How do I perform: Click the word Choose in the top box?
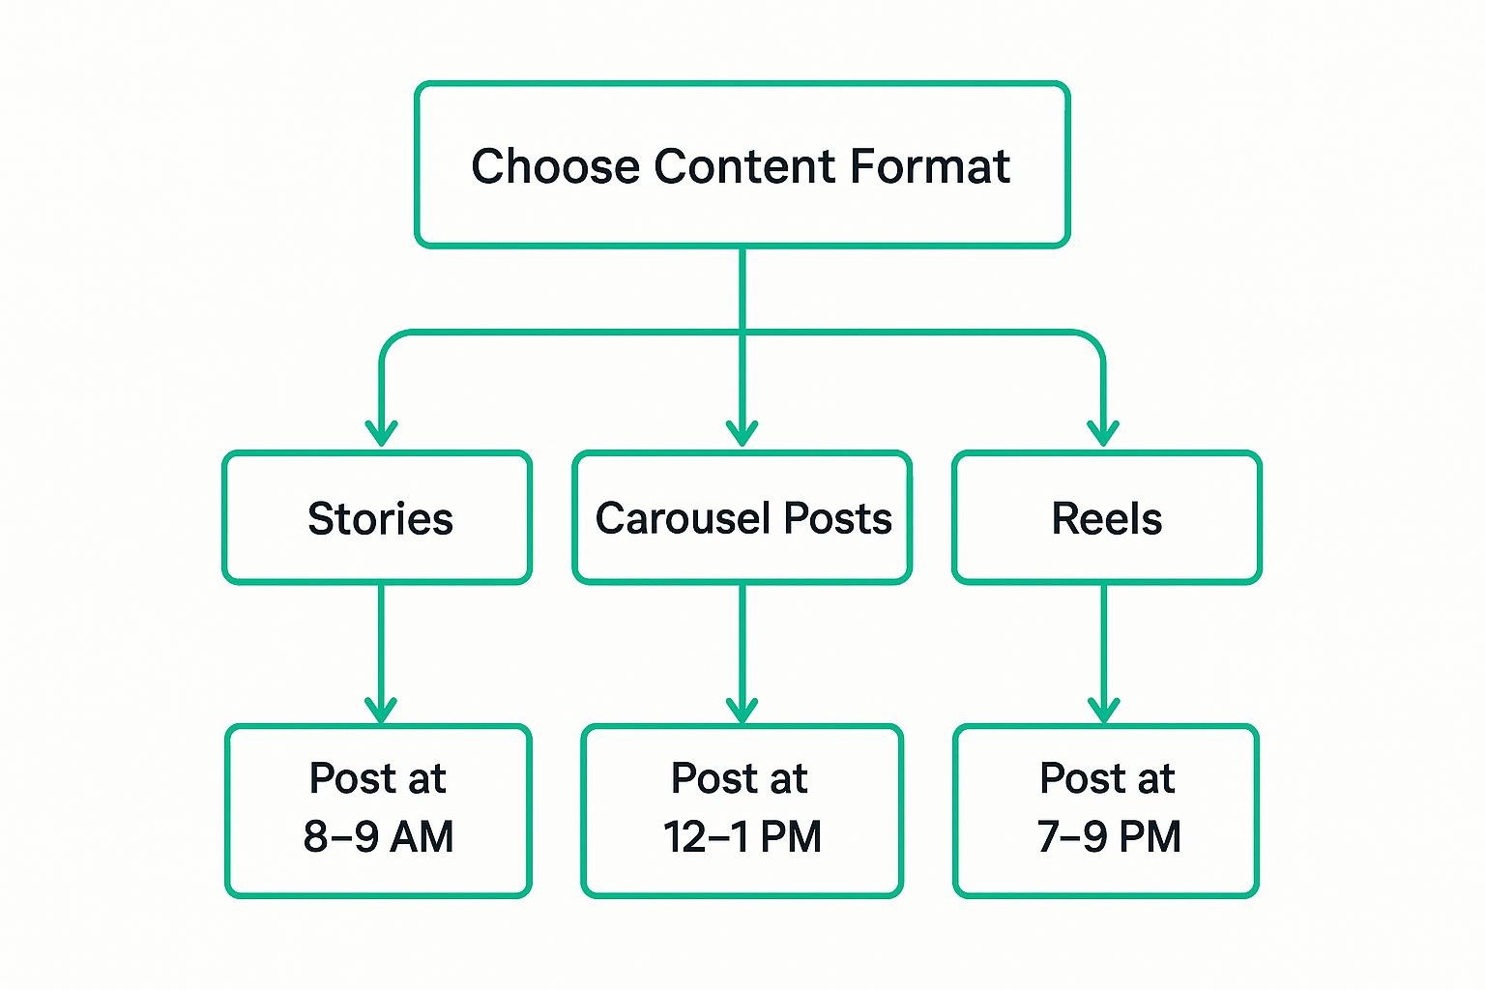[x=556, y=165]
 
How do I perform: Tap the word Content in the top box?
[x=744, y=165]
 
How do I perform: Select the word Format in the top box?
[x=930, y=165]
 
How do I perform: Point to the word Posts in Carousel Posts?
[x=838, y=518]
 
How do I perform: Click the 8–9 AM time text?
[x=379, y=836]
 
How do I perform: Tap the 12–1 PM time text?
[x=742, y=836]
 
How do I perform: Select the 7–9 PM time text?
[x=1109, y=836]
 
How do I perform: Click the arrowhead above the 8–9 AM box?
[x=381, y=711]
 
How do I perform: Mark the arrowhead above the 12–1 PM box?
[x=742, y=711]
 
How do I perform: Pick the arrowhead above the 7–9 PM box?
[x=1104, y=711]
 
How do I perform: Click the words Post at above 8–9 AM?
[x=377, y=778]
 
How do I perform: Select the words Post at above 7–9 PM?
[x=1107, y=778]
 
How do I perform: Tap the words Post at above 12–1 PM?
[x=740, y=778]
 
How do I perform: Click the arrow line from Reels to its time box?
[x=1104, y=654]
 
